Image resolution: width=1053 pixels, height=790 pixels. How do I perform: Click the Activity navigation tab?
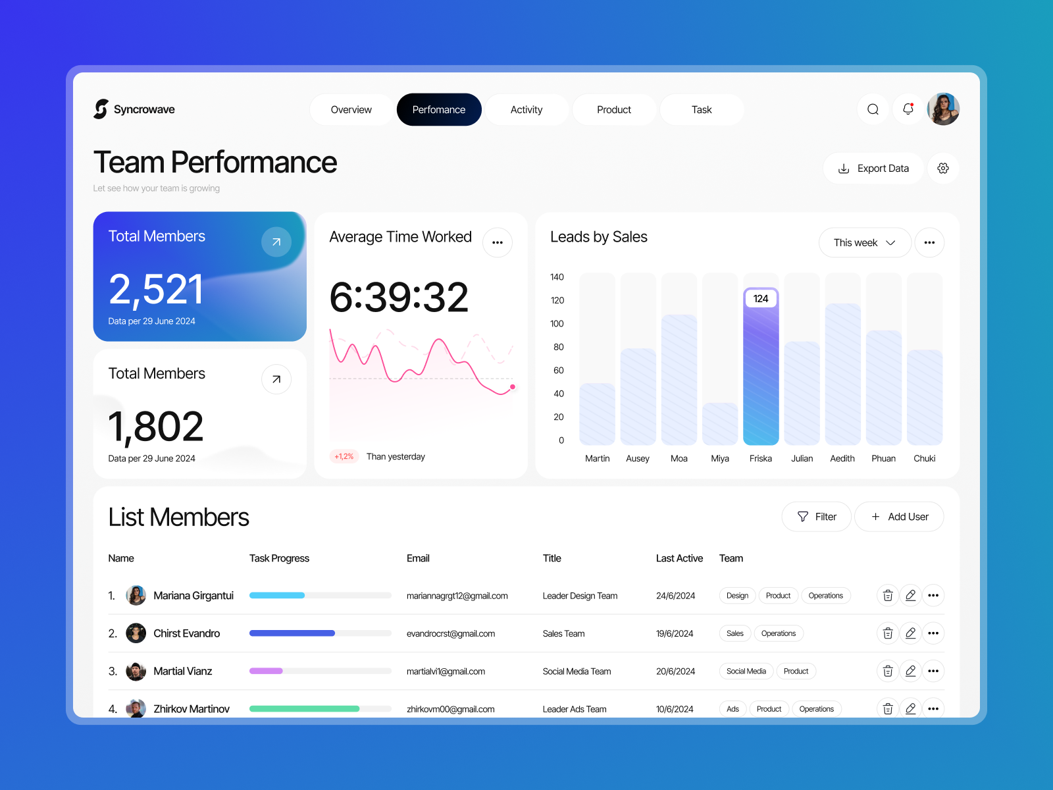[526, 110]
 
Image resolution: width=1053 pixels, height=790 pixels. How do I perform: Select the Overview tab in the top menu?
[351, 110]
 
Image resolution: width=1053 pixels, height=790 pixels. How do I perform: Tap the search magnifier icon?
[873, 109]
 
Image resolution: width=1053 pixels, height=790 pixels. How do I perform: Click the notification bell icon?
[908, 109]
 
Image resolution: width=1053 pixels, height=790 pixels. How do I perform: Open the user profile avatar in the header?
[943, 109]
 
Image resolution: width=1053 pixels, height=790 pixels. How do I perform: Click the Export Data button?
[873, 169]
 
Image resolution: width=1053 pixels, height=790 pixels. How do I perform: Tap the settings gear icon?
[943, 169]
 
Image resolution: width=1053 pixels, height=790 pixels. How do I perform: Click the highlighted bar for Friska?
[761, 375]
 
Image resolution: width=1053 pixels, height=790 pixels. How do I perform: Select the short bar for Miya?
[720, 424]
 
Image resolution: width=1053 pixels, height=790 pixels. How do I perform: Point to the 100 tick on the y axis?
[557, 324]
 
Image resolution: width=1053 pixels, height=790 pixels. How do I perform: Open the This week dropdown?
[864, 243]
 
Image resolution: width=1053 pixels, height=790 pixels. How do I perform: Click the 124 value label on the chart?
[761, 299]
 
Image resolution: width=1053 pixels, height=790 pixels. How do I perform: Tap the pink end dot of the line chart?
[513, 387]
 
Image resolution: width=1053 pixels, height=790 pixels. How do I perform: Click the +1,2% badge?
[344, 457]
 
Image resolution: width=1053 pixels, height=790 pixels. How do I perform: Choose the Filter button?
[816, 517]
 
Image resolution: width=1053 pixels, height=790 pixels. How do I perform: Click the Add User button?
[899, 517]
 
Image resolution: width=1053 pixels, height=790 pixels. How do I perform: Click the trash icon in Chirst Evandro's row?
[888, 633]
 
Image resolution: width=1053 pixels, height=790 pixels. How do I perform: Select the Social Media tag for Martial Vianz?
[746, 671]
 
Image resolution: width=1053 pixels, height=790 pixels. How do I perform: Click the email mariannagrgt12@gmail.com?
[457, 596]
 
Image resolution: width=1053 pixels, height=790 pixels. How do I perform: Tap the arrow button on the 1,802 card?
[276, 379]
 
